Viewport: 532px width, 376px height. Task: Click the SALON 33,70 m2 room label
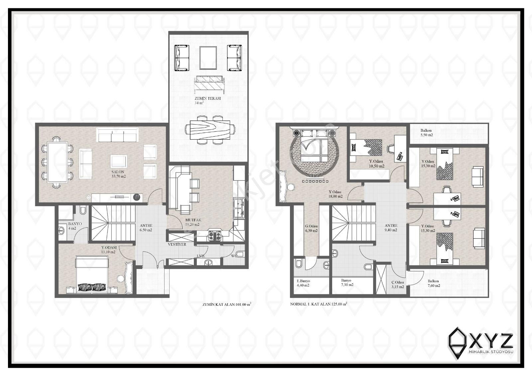tap(118, 174)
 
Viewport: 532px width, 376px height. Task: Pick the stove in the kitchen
tap(214, 236)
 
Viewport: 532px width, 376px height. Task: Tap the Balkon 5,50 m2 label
tap(427, 133)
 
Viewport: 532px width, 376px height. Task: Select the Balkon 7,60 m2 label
tap(434, 283)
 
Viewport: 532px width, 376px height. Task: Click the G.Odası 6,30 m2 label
tap(311, 228)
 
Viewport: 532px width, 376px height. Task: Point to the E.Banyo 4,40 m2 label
tap(303, 283)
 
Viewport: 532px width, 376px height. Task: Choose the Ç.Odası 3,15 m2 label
tap(397, 285)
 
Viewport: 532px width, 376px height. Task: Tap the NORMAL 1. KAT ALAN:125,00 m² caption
tap(319, 304)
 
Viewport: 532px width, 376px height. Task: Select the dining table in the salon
tap(58, 162)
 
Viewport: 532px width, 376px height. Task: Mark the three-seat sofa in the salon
tap(117, 135)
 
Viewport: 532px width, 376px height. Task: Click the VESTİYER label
tap(177, 245)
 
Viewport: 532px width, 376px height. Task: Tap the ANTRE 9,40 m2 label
tap(391, 227)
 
